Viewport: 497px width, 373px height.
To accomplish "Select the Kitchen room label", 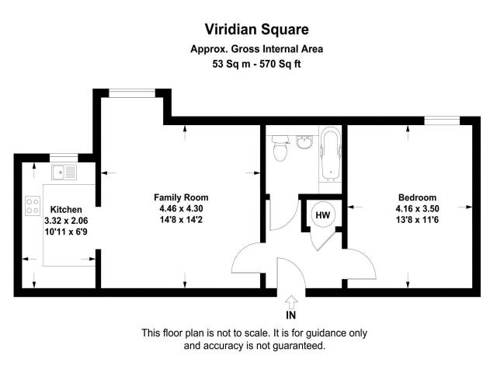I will pyautogui.click(x=66, y=210).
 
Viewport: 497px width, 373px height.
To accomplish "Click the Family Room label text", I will pyautogui.click(x=181, y=197).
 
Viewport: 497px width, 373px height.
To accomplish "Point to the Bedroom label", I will pyautogui.click(x=417, y=197).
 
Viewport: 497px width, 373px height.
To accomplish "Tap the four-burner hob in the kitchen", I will pyautogui.click(x=33, y=205).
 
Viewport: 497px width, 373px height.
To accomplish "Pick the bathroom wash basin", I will pyautogui.click(x=304, y=141).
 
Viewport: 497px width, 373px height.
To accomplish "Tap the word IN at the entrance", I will pyautogui.click(x=291, y=315).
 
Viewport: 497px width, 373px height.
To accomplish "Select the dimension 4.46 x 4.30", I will pyautogui.click(x=181, y=208).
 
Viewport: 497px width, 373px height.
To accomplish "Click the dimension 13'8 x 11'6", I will pyautogui.click(x=417, y=220).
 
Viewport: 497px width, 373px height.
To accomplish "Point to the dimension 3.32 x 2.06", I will pyautogui.click(x=67, y=221).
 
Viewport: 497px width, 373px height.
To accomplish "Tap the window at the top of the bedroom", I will pyautogui.click(x=443, y=119).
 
